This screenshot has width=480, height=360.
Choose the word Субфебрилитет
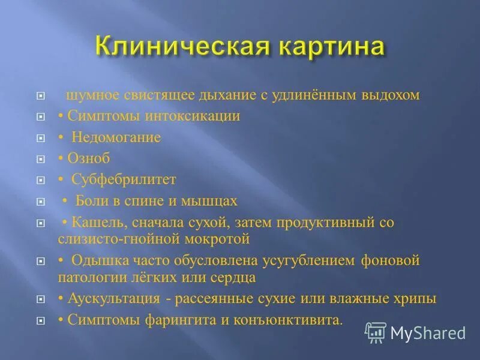124,179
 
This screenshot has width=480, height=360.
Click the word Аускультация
113,299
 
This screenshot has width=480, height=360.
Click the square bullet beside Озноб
40,160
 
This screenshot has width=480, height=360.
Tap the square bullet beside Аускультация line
40,299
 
